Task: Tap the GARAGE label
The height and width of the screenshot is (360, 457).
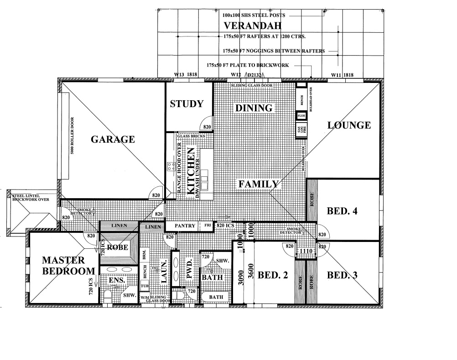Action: coord(112,139)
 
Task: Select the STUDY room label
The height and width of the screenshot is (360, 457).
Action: coord(187,104)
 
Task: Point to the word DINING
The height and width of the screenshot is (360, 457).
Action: coord(254,108)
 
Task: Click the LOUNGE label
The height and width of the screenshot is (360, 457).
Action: coord(348,125)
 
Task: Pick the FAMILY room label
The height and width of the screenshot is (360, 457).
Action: coord(259,184)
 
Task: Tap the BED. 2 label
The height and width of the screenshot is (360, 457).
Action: coord(273,275)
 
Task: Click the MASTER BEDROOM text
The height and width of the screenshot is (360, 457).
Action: coord(63,266)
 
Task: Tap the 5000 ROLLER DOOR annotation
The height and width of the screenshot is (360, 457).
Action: coord(73,137)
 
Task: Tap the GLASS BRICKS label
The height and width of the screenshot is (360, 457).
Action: coord(191,136)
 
